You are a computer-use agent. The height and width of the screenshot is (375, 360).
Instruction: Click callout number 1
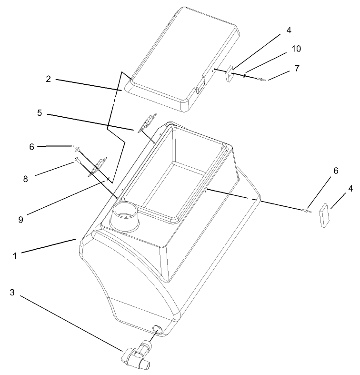pos(15,255)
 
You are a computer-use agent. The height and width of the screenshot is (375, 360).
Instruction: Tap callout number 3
pos(12,293)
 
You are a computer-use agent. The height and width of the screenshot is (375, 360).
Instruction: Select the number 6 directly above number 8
pos(32,147)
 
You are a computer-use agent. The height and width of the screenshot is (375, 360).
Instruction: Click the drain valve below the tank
pos(138,356)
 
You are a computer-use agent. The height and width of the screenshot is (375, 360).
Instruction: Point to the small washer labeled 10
pos(245,74)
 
